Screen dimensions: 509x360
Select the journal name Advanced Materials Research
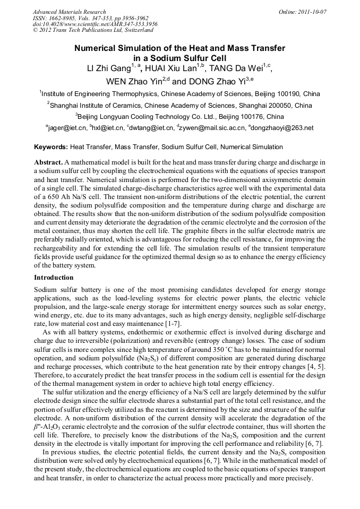(69, 12)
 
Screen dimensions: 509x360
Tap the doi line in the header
(95, 24)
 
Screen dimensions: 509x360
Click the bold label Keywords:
(51, 147)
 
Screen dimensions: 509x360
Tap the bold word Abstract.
(48, 161)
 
